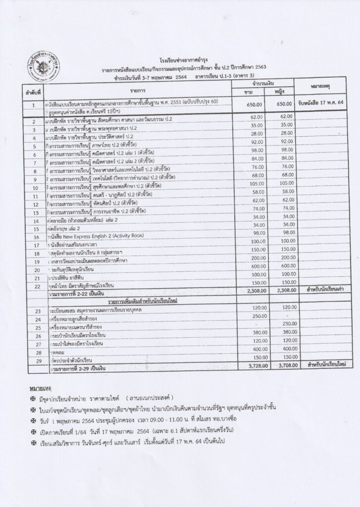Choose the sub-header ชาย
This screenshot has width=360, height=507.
(249, 93)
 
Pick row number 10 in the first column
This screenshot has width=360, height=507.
(35, 188)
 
